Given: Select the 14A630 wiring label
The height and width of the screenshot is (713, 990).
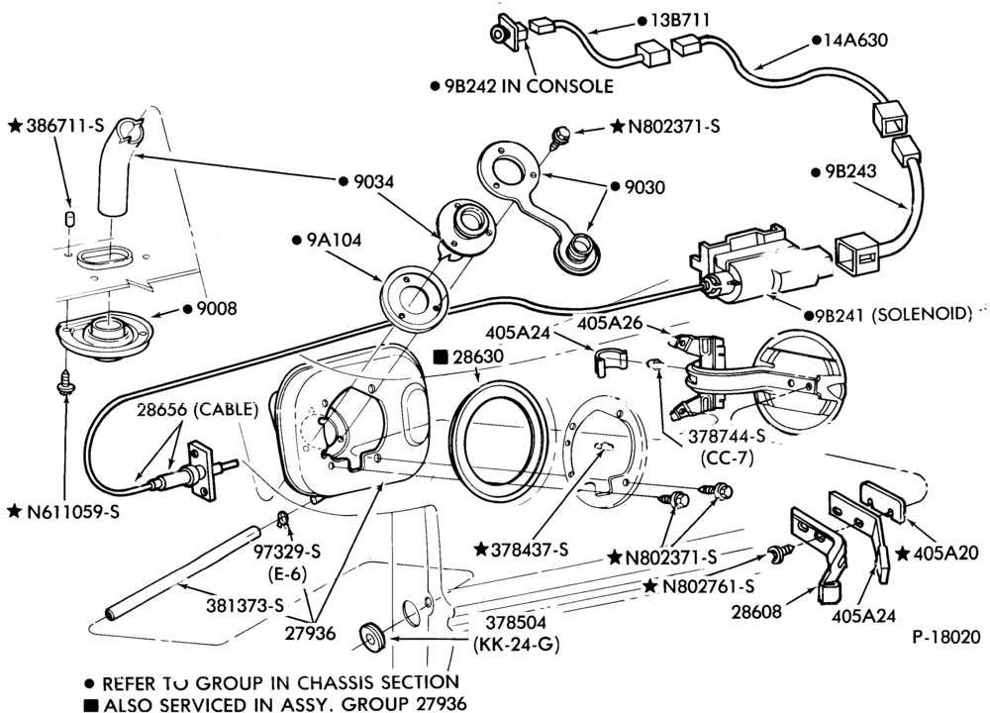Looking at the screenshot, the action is tap(855, 40).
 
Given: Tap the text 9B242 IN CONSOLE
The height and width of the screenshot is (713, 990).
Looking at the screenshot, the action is tap(528, 86).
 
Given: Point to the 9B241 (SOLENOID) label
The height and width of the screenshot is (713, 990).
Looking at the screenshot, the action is tap(894, 314).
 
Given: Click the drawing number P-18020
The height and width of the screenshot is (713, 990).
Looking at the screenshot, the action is tap(946, 637).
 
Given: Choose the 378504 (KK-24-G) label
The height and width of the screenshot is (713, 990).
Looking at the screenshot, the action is tap(517, 634).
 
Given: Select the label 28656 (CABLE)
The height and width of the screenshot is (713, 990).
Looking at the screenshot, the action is tap(198, 409).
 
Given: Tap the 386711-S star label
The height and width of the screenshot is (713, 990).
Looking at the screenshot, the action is tap(63, 126).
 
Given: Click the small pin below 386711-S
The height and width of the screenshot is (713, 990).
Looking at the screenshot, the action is tap(70, 218).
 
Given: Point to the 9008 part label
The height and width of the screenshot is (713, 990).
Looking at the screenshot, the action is tap(216, 309).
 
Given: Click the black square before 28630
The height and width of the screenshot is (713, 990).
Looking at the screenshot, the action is tap(442, 356).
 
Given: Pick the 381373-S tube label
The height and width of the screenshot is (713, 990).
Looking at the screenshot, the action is tap(245, 605).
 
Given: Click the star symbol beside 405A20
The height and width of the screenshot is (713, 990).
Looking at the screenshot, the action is tap(902, 554).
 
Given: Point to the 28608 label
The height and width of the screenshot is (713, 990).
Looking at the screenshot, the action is tap(756, 611).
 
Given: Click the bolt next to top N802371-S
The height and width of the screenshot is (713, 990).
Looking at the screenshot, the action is tap(558, 135).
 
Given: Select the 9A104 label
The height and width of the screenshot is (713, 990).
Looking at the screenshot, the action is tap(334, 240).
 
